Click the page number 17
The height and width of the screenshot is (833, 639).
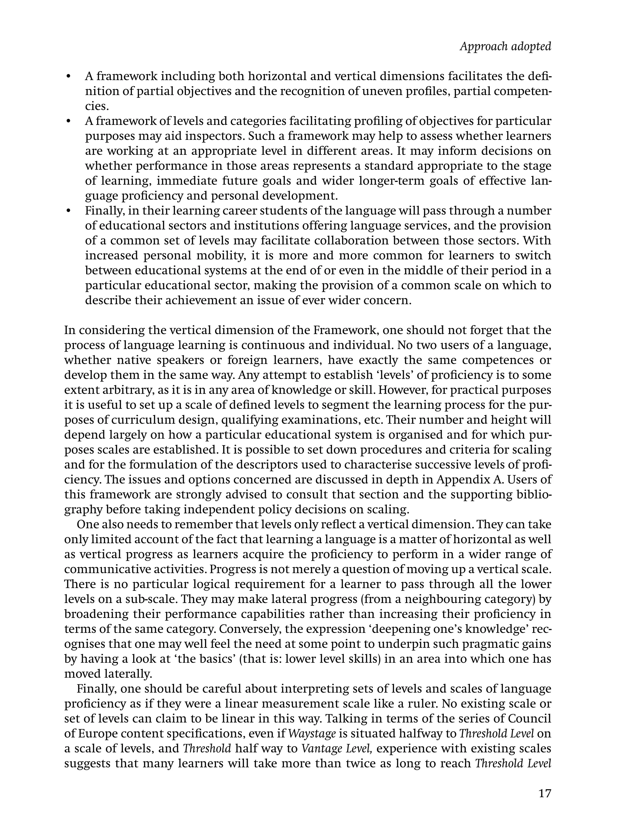point(545,793)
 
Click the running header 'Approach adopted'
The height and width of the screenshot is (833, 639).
point(505,47)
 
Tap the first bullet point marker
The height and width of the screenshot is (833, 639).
point(68,76)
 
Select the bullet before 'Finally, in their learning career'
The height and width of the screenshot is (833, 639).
point(68,211)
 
